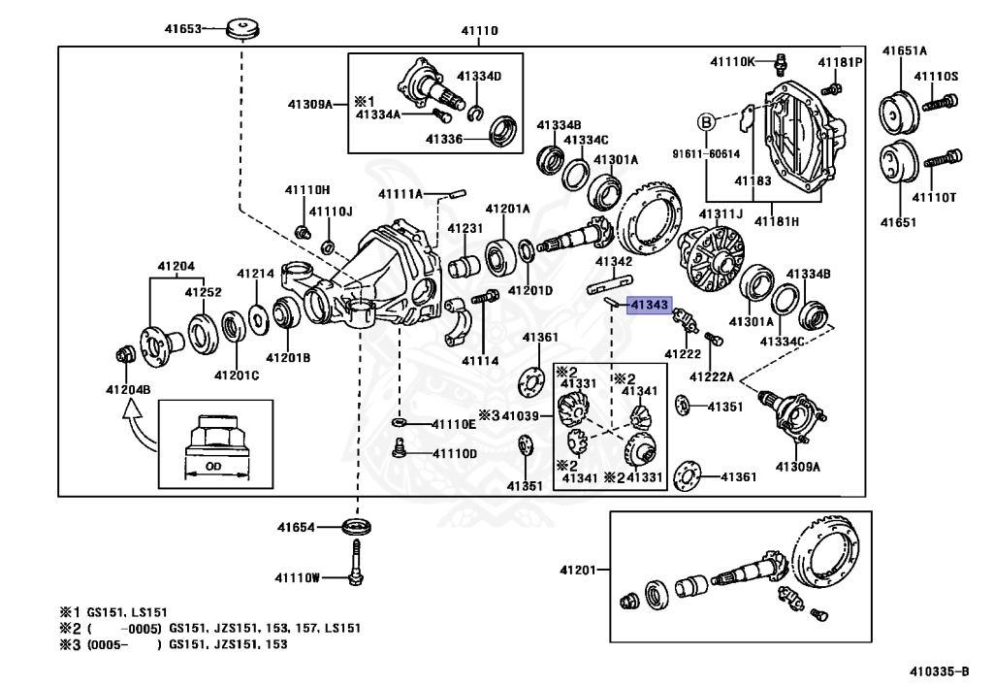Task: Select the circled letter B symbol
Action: tap(707, 122)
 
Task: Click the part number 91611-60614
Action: tap(704, 153)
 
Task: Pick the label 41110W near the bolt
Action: tap(296, 578)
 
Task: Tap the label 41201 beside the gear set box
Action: tap(580, 570)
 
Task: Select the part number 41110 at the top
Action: tap(479, 31)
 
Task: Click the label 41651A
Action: tap(904, 50)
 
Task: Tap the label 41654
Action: tap(296, 528)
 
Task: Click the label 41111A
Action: tap(400, 194)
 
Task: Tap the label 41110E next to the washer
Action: tap(454, 424)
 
